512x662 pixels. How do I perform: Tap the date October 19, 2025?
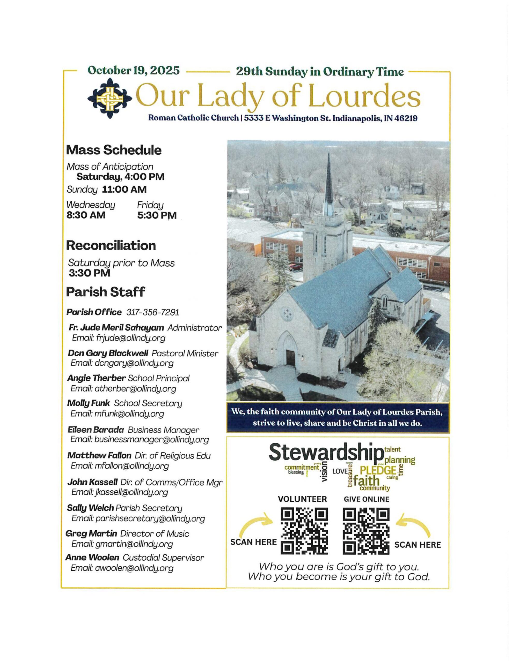(134, 71)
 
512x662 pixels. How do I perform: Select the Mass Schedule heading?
(114, 150)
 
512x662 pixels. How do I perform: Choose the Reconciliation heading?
(111, 245)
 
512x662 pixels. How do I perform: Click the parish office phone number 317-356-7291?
(153, 312)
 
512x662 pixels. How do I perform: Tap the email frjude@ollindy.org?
(130, 338)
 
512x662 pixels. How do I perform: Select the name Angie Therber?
(96, 378)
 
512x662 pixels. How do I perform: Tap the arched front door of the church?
(290, 358)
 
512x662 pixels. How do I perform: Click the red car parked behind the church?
(295, 267)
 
